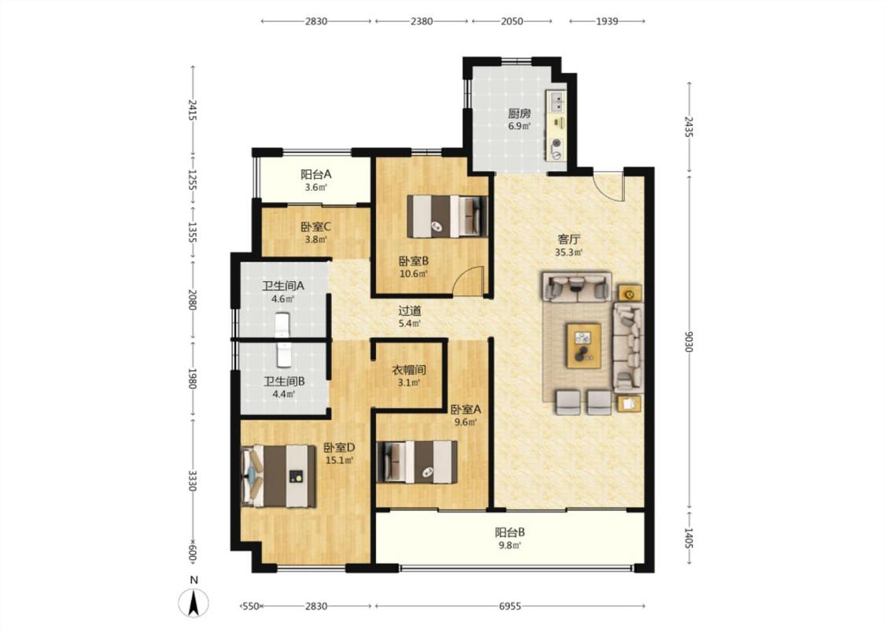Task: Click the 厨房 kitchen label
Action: (x=518, y=113)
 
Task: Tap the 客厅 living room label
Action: (x=568, y=239)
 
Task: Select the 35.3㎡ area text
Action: (x=568, y=253)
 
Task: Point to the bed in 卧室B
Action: (x=447, y=217)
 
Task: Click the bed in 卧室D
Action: (x=278, y=475)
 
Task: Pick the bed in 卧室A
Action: (x=417, y=461)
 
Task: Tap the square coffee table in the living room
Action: (x=584, y=346)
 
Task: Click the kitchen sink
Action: (x=557, y=102)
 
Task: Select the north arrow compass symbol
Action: (x=194, y=602)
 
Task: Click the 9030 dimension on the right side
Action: (x=688, y=341)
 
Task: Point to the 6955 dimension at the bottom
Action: (x=510, y=606)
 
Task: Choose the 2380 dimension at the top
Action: (x=422, y=21)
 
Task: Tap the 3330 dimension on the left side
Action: (x=192, y=480)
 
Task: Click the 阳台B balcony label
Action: (x=511, y=532)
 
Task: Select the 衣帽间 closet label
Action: (x=408, y=370)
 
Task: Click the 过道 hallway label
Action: (x=410, y=311)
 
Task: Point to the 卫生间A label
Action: (x=282, y=286)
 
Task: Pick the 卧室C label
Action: (x=315, y=227)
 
